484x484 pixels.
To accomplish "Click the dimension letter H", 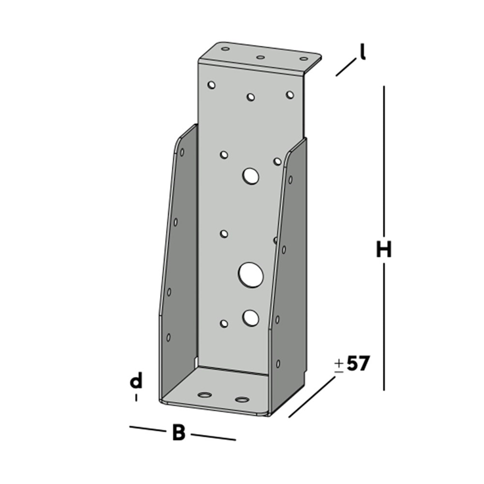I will (x=384, y=250).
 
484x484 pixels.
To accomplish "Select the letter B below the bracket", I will (x=178, y=433).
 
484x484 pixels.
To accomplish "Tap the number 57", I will (x=358, y=364).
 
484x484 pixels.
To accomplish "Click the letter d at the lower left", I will (x=136, y=381).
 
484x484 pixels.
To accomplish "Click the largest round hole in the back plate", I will (x=250, y=273).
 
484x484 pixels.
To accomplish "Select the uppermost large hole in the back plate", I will (x=250, y=175).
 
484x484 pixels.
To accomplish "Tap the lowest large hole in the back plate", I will (x=250, y=318).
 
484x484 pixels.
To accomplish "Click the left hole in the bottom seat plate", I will (x=206, y=395).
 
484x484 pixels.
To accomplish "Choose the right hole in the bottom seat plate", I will (x=242, y=399).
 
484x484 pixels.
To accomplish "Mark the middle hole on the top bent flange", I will (x=260, y=58).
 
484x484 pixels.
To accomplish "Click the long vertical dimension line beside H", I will (x=384, y=164).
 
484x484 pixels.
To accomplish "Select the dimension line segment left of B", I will (x=146, y=429).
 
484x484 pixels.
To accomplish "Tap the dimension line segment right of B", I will (x=213, y=436).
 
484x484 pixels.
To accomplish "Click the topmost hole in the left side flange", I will (x=182, y=153).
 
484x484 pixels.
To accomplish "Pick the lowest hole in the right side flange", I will (x=279, y=363).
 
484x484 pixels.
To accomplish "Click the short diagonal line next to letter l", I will (x=345, y=68).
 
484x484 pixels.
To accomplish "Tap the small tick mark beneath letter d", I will (x=136, y=397).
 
